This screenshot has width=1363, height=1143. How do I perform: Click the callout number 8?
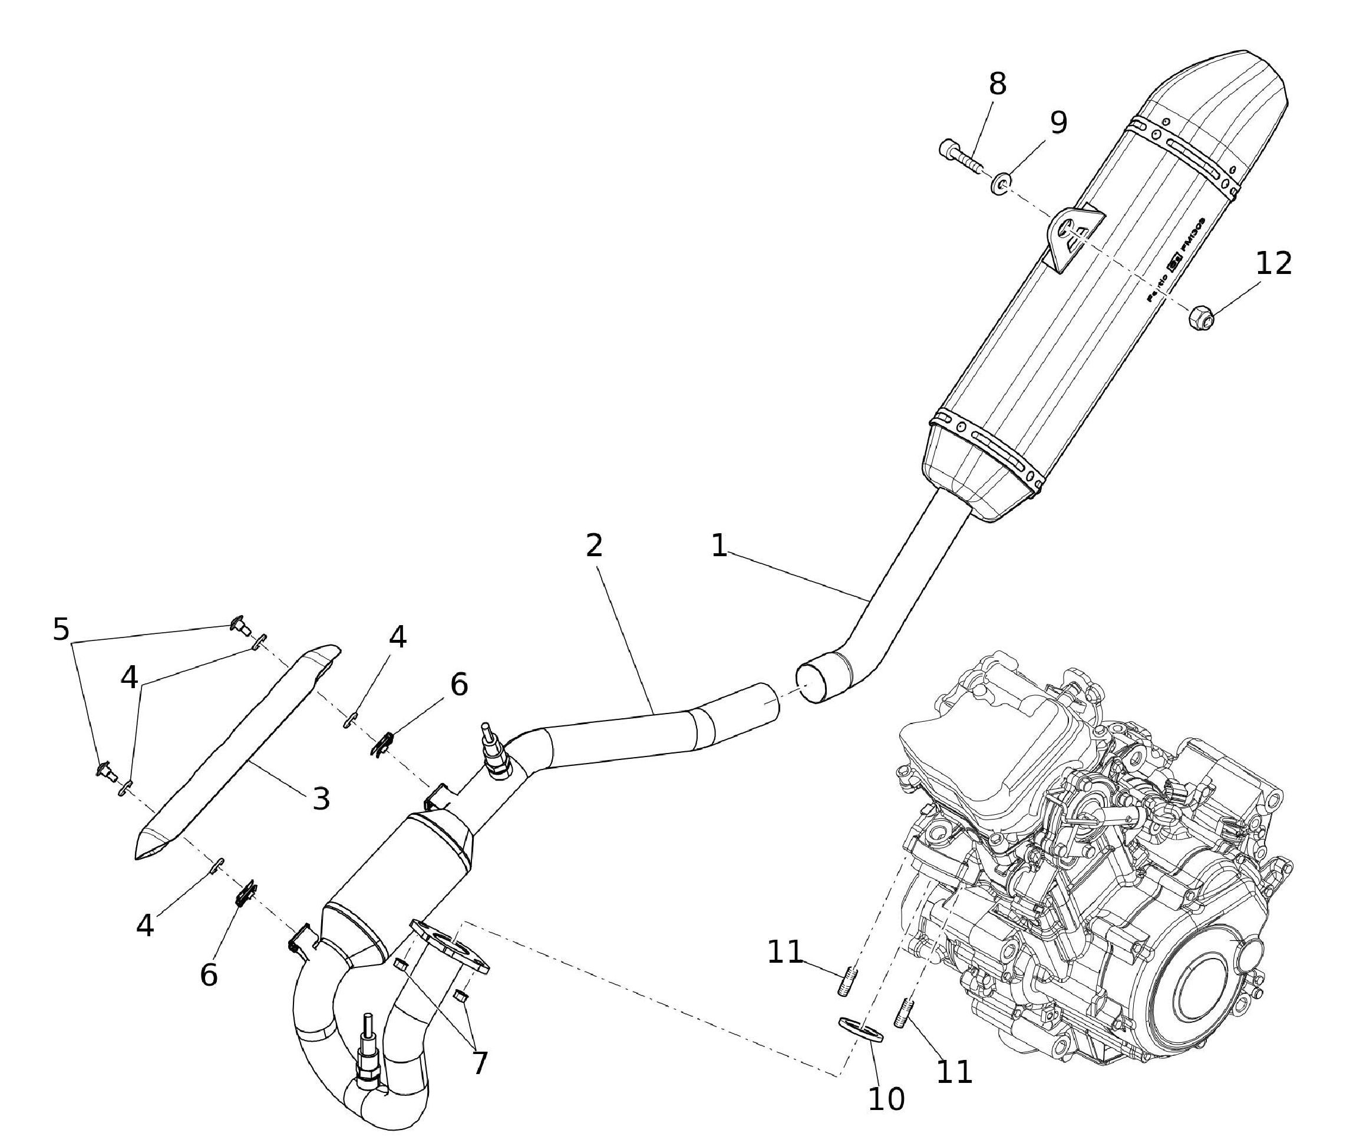coord(997,84)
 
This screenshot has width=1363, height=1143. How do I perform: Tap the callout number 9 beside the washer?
coord(1058,123)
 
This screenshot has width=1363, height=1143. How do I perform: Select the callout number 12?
coord(1273,263)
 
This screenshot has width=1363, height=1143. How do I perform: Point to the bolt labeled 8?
coord(959,156)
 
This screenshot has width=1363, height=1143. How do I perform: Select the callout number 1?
coord(718,546)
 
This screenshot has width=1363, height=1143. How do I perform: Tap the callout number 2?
coord(594,546)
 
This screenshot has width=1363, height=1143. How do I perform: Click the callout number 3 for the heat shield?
coord(321,798)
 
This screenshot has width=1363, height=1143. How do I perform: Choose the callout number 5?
coord(61,629)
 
